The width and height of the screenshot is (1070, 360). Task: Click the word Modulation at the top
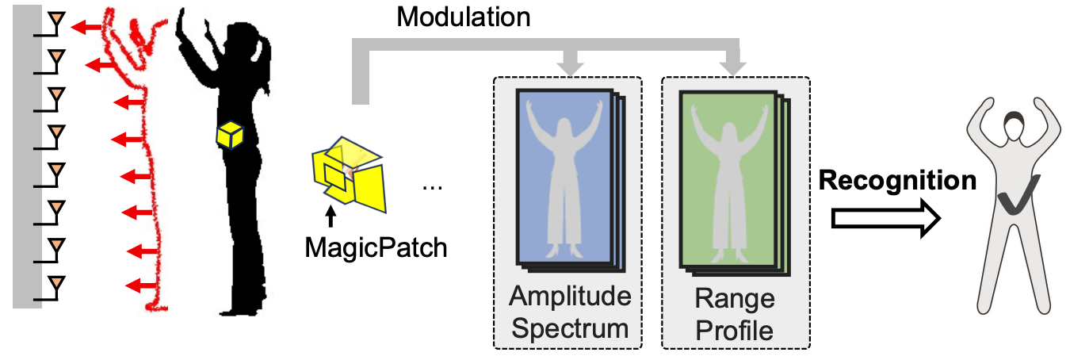coord(463,17)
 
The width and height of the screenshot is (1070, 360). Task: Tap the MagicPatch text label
coord(376,247)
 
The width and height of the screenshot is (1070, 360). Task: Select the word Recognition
coord(897,181)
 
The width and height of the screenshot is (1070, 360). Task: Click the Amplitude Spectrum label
coord(570,312)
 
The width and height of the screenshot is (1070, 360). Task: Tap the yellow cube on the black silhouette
coord(229,136)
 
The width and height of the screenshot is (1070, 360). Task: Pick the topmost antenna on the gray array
coord(55,21)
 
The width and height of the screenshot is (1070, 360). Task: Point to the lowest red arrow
coord(143,285)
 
